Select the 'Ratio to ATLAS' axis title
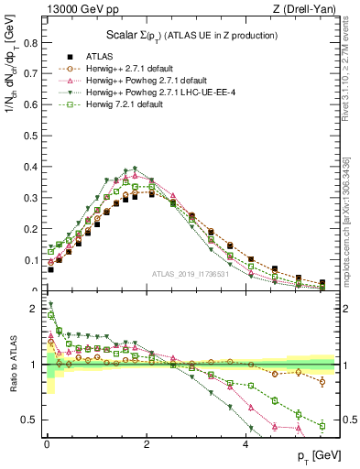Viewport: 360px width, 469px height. pos(11,364)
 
